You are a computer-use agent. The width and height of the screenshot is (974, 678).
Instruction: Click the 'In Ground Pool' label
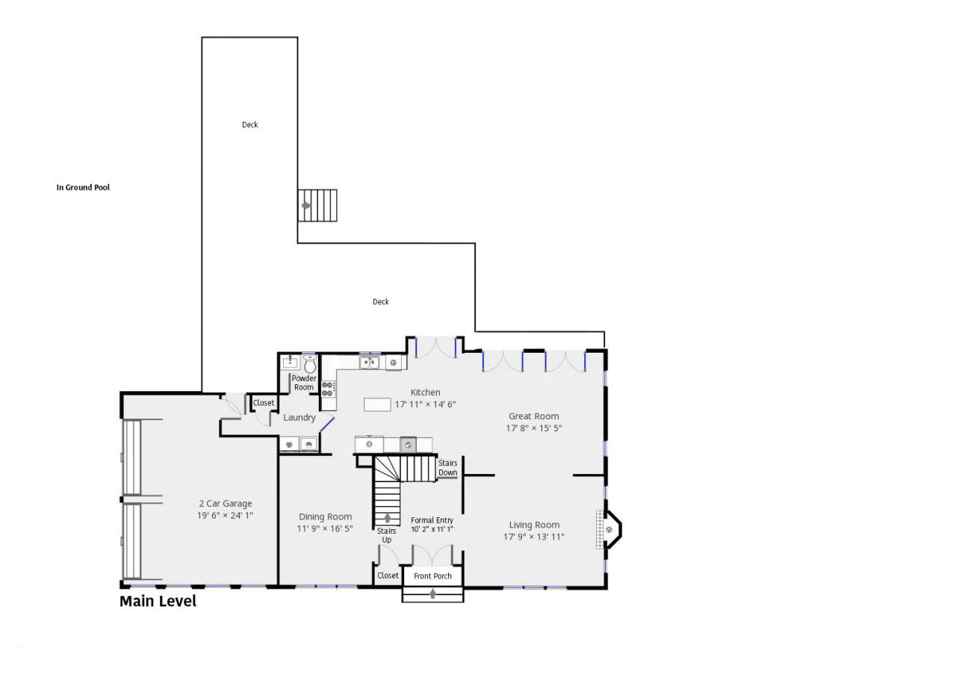coord(83,188)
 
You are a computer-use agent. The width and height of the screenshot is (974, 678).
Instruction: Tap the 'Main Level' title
coord(158,602)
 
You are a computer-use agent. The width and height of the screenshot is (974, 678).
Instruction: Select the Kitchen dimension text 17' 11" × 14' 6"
coord(425,404)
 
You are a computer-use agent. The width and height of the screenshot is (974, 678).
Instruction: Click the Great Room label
coord(534,416)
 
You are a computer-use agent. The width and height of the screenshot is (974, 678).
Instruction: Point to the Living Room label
coord(534,526)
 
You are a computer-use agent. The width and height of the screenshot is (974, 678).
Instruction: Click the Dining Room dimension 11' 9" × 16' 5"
coord(325,528)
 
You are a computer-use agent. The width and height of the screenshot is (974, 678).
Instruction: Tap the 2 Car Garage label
coord(226,504)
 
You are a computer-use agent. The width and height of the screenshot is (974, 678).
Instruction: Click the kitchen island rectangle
coord(377,404)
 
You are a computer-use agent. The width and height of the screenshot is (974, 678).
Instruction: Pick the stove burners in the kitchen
coord(329,389)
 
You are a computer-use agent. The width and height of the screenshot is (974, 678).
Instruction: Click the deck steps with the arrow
coord(317,206)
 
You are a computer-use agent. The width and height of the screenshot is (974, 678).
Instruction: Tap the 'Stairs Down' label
coord(447,468)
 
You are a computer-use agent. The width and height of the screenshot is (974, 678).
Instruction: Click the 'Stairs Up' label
coord(387,535)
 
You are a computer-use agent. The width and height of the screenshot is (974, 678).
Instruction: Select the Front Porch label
coord(432,576)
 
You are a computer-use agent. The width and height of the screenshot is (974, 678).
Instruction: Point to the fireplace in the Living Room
coord(609,529)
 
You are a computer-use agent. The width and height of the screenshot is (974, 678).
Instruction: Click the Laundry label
coord(300,418)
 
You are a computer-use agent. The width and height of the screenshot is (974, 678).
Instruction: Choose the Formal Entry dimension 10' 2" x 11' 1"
coord(432,529)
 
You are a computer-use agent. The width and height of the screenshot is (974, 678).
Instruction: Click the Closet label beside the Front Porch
coord(388,576)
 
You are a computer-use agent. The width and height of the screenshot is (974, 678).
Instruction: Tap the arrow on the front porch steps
coord(432,594)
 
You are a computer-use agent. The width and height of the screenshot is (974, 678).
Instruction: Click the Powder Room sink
coord(290,363)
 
